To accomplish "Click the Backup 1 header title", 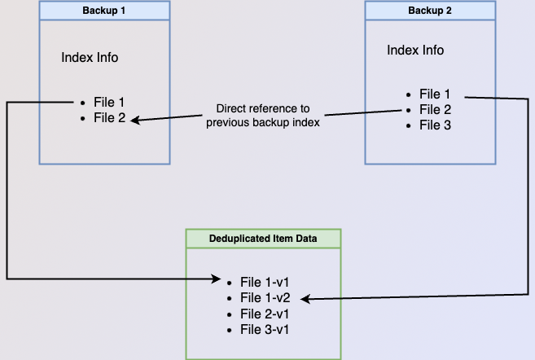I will click(104, 11).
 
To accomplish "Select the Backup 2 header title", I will click(430, 11).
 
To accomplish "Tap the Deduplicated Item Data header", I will click(263, 238).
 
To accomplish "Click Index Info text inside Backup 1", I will click(90, 58).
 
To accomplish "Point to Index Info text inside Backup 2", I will click(415, 50).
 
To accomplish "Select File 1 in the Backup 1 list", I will click(109, 103).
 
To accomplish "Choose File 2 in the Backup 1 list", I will click(109, 118).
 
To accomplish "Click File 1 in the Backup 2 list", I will click(435, 94).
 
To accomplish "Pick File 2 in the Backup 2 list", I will click(435, 109).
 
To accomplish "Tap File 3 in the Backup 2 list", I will click(435, 125).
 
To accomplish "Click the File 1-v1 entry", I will click(265, 282).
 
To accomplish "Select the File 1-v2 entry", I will click(265, 298).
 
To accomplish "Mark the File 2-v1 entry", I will click(265, 314).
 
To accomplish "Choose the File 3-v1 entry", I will click(265, 330).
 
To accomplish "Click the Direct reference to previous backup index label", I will click(262, 116).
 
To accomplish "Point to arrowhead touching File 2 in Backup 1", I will click(135, 121).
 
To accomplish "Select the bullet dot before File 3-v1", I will click(231, 330).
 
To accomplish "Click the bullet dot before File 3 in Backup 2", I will click(409, 125).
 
